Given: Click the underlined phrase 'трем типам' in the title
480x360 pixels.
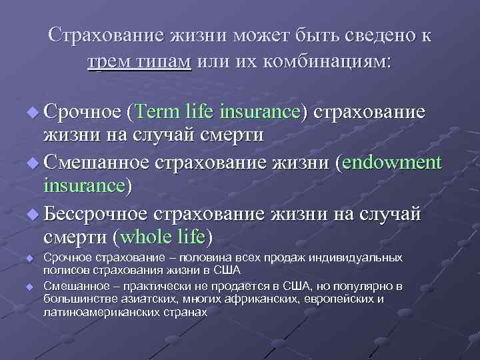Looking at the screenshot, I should tap(139, 62).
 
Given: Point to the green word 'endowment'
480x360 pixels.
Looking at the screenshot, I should tap(393, 163).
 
